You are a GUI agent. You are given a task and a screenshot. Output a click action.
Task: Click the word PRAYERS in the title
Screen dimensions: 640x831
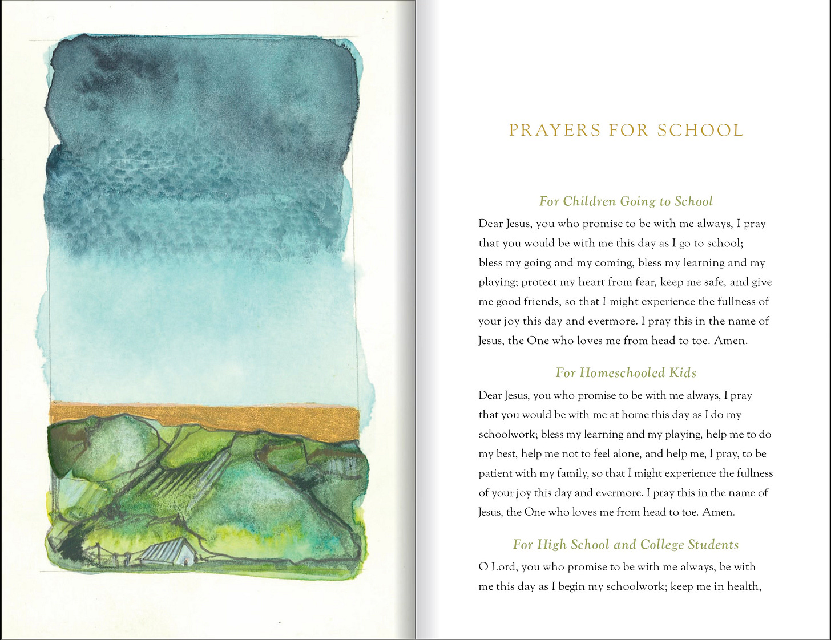click(x=554, y=131)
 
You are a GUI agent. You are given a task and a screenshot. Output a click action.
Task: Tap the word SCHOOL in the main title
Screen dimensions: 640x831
click(x=700, y=131)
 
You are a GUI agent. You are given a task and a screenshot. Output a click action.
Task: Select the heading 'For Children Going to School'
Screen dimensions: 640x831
click(x=626, y=201)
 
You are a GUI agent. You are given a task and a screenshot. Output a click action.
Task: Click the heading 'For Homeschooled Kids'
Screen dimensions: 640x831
click(x=626, y=373)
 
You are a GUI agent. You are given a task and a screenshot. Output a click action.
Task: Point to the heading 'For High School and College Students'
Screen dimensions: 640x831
click(x=626, y=545)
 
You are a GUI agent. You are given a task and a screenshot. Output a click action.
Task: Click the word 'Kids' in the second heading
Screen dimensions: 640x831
click(x=683, y=373)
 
